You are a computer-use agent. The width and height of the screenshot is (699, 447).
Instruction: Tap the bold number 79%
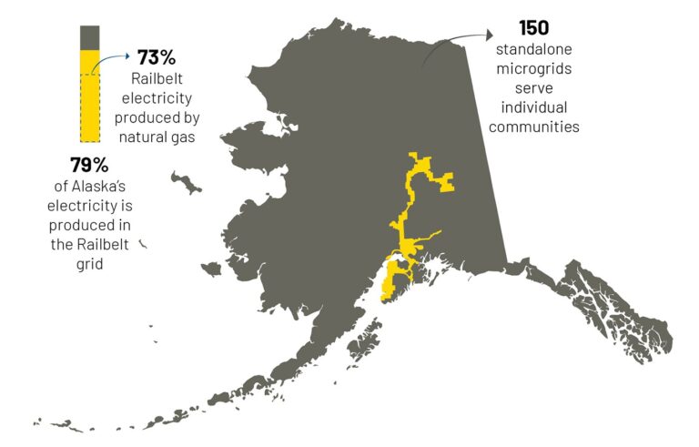89,166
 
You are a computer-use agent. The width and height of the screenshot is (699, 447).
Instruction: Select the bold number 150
533,27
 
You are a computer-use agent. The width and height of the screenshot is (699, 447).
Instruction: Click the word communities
533,127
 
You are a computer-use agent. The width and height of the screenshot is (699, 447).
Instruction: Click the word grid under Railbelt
89,264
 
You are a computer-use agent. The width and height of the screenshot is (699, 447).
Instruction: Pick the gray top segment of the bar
90,37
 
